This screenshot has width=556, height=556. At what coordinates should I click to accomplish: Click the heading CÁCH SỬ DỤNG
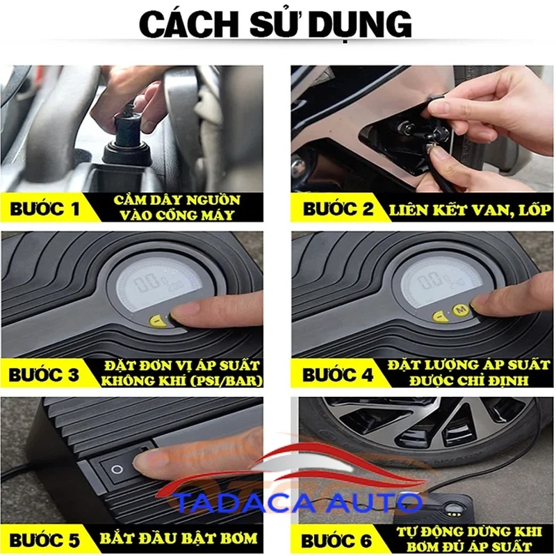pyautogui.click(x=275, y=24)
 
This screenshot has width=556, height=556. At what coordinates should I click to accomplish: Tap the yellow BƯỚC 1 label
pyautogui.click(x=44, y=208)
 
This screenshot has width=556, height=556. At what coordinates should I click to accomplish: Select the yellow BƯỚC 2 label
pyautogui.click(x=338, y=209)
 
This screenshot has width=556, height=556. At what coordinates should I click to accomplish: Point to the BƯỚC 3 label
pyautogui.click(x=44, y=375)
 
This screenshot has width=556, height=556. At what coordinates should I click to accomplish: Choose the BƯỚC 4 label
pyautogui.click(x=338, y=375)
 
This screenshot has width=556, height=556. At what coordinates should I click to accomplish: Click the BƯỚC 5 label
pyautogui.click(x=44, y=540)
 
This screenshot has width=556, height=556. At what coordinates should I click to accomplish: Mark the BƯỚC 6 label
pyautogui.click(x=336, y=541)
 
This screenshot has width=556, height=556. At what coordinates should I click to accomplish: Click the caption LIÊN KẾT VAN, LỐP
pyautogui.click(x=471, y=210)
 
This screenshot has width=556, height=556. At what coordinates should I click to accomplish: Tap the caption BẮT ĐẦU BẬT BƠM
pyautogui.click(x=179, y=539)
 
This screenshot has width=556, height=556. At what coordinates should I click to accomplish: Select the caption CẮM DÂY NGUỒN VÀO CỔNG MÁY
pyautogui.click(x=177, y=207)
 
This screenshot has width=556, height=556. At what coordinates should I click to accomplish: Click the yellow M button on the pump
pyautogui.click(x=461, y=309)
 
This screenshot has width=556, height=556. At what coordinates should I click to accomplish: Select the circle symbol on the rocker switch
pyautogui.click(x=117, y=470)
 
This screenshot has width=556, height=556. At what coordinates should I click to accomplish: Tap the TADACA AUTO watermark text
pyautogui.click(x=299, y=502)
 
